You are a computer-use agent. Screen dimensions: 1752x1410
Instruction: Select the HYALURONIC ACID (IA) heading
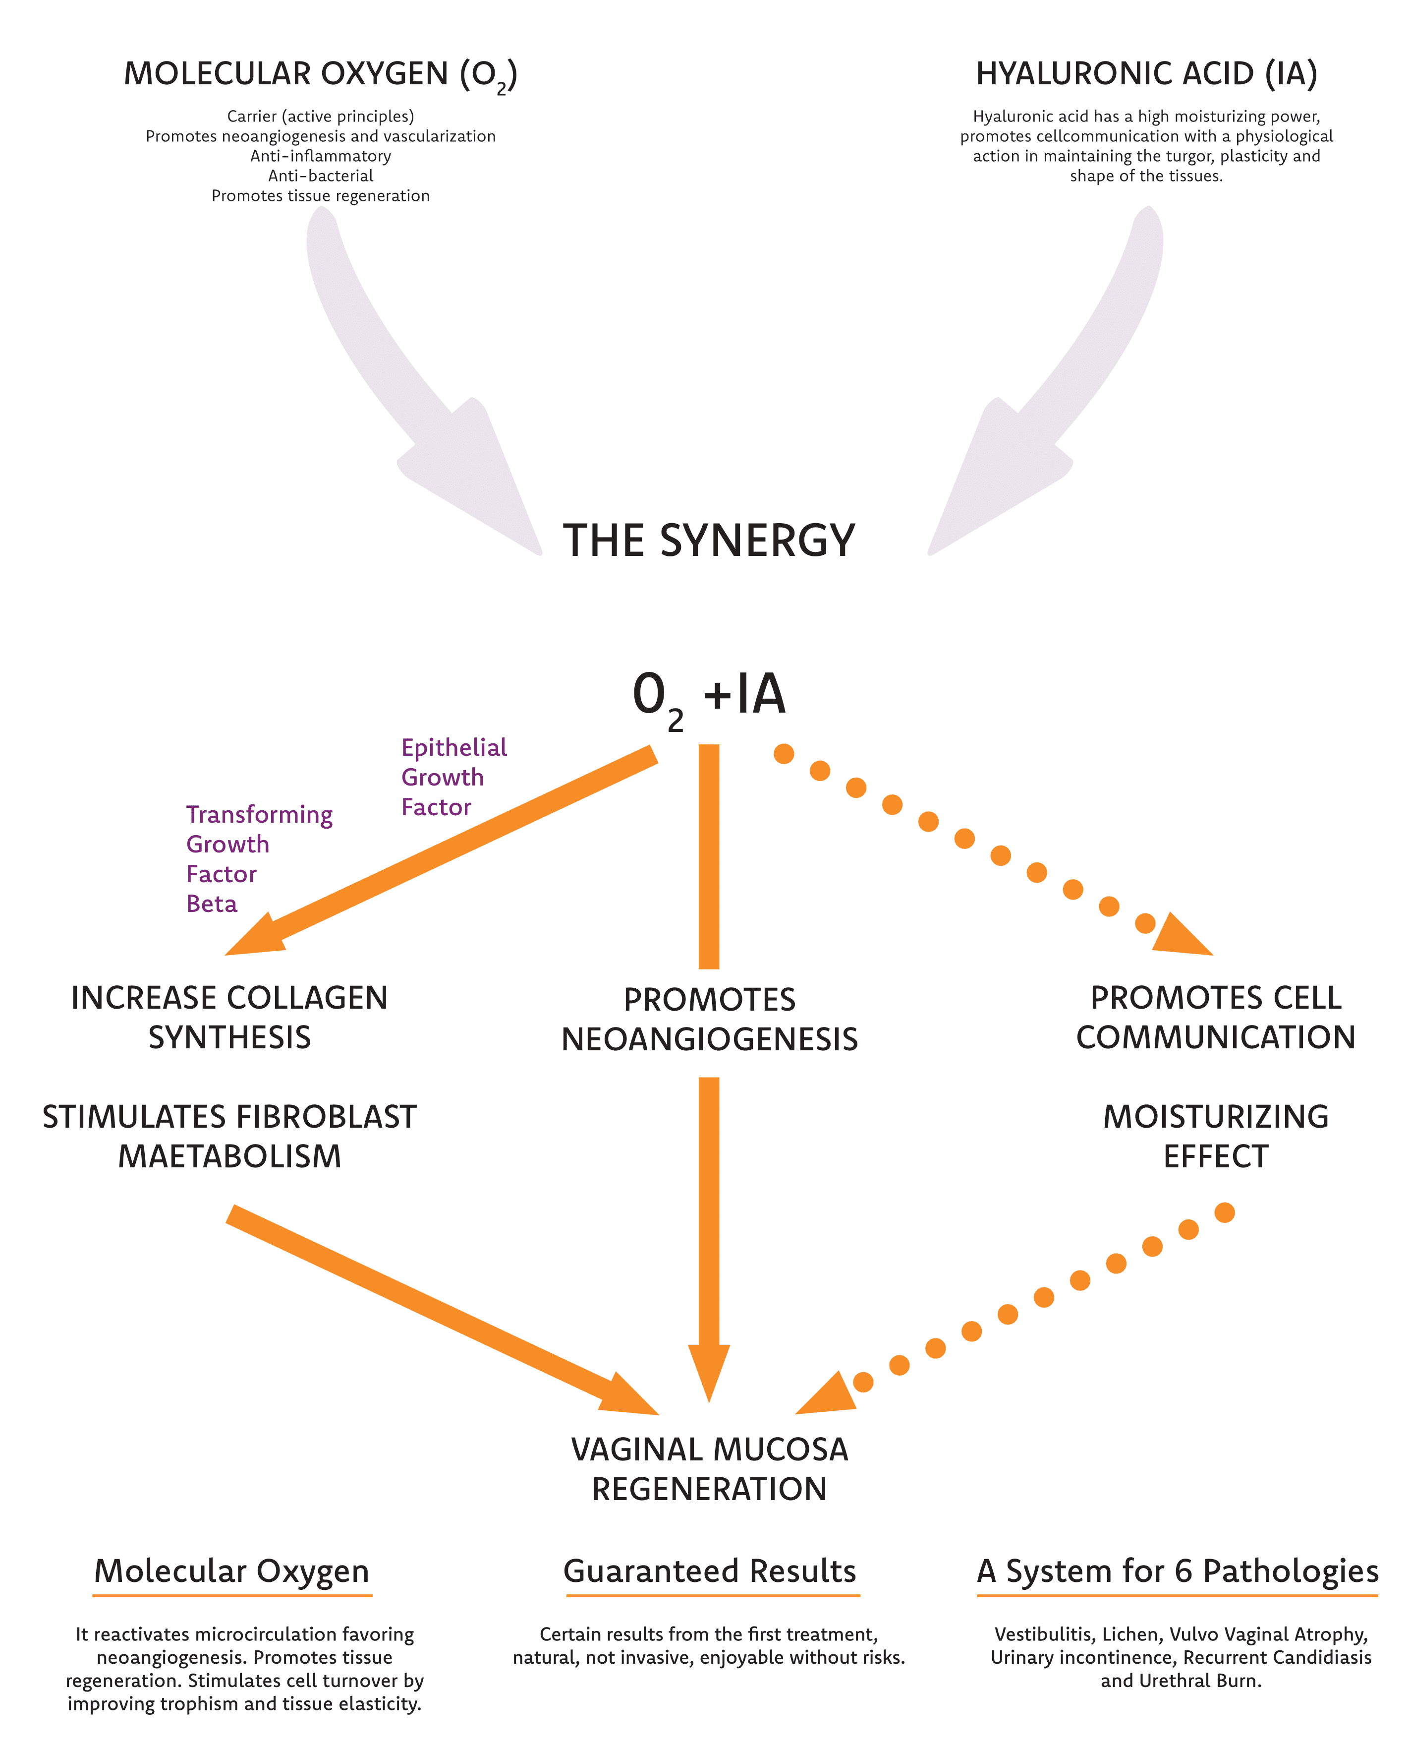1146,74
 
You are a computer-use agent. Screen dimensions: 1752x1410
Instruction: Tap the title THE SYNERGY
709,541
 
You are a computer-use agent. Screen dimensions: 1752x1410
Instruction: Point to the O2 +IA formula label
709,696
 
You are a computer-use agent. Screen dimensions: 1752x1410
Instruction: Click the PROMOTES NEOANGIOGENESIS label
709,1019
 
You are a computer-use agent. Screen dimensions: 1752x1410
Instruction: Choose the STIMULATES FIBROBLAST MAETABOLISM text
230,1136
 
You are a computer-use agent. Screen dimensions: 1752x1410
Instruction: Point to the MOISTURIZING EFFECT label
1215,1136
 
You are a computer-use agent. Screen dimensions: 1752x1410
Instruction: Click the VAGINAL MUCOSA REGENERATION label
709,1469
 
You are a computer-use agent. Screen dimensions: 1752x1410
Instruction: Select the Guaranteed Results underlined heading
709,1571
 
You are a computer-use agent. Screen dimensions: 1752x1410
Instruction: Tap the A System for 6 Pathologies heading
1177,1571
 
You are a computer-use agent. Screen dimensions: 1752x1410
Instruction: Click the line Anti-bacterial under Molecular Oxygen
321,176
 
